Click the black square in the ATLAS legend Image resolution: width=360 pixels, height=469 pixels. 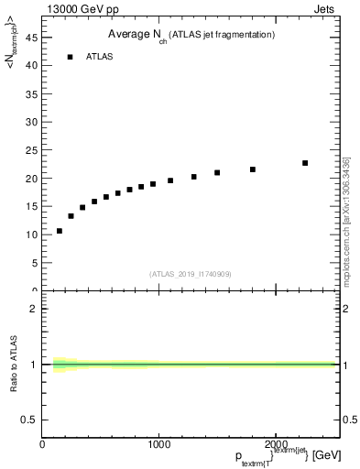click(x=70, y=57)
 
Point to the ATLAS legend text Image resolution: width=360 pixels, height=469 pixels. click(x=100, y=57)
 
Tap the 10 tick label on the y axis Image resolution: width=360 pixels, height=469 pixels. click(x=32, y=234)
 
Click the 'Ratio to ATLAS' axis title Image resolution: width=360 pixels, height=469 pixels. click(x=15, y=364)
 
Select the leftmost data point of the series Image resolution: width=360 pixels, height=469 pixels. click(x=60, y=231)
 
